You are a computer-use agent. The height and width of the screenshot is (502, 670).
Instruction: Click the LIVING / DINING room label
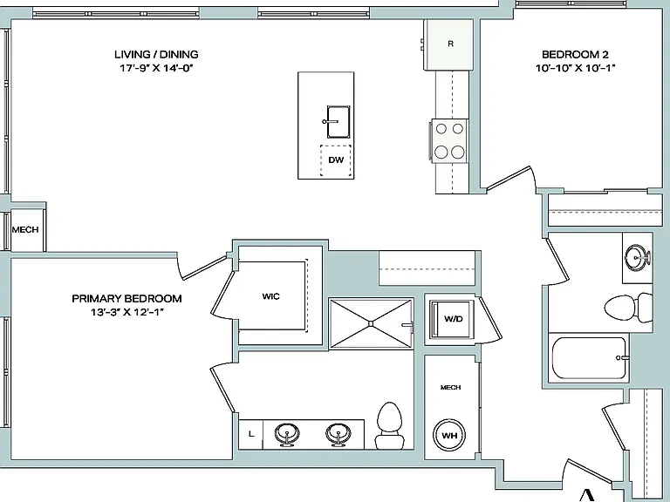pyautogui.click(x=156, y=54)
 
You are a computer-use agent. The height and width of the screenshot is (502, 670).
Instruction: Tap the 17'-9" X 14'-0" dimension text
pyautogui.click(x=156, y=68)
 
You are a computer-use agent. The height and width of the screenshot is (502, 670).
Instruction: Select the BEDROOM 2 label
pyautogui.click(x=575, y=54)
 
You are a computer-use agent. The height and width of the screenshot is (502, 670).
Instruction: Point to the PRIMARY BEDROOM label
pyautogui.click(x=126, y=298)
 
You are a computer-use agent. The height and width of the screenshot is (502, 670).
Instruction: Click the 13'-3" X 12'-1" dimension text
pyautogui.click(x=126, y=312)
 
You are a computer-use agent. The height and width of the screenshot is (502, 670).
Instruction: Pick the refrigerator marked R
pyautogui.click(x=449, y=44)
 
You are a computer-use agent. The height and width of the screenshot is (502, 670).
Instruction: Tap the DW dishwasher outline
pyautogui.click(x=336, y=160)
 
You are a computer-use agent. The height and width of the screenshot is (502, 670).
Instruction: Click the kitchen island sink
pyautogui.click(x=338, y=122)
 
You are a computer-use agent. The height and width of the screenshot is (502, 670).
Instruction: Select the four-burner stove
pyautogui.click(x=449, y=140)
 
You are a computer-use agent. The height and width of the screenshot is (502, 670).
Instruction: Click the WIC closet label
pyautogui.click(x=271, y=296)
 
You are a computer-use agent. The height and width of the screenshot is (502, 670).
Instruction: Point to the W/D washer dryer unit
pyautogui.click(x=452, y=319)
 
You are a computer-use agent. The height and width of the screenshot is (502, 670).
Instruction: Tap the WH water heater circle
pyautogui.click(x=449, y=436)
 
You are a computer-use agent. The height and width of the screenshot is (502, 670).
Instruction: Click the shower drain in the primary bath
pyautogui.click(x=371, y=324)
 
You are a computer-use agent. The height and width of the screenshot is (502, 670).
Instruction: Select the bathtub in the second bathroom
pyautogui.click(x=589, y=357)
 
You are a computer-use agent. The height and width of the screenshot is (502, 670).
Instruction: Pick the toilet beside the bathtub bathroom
pyautogui.click(x=628, y=307)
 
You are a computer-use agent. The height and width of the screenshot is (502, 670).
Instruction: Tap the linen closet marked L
pyautogui.click(x=251, y=435)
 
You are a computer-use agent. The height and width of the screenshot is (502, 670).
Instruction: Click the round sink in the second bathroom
pyautogui.click(x=638, y=258)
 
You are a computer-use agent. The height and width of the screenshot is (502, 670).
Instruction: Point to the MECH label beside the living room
pyautogui.click(x=25, y=230)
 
